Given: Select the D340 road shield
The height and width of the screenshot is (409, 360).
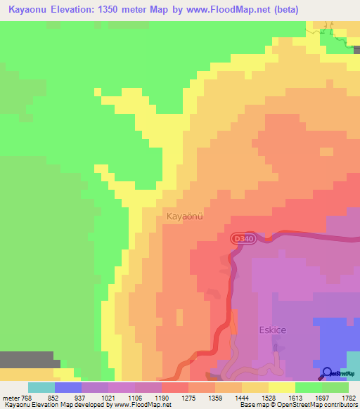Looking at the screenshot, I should tap(242, 240).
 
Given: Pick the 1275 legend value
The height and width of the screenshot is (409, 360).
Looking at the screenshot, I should tap(189, 398).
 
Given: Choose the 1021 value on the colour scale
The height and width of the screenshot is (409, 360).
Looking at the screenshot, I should tap(109, 398).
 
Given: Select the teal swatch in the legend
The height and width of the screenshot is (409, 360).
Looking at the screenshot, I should tap(41, 387).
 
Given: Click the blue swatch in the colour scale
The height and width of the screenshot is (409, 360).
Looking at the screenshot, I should tap(67, 387).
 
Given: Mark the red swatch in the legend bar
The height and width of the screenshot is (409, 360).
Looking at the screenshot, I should tap(174, 387).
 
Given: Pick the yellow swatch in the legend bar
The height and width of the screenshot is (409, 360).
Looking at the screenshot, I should tap(281, 387).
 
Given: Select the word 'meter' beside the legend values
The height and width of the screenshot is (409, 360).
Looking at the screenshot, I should tap(11, 398).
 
